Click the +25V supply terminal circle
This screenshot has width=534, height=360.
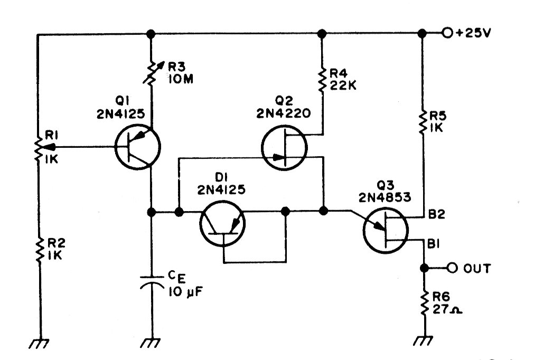point(448,33)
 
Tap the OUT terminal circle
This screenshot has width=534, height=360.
point(451,268)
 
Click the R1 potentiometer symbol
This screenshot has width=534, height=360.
point(39,147)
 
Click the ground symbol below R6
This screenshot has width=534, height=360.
point(423,344)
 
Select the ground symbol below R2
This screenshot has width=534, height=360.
point(39,344)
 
